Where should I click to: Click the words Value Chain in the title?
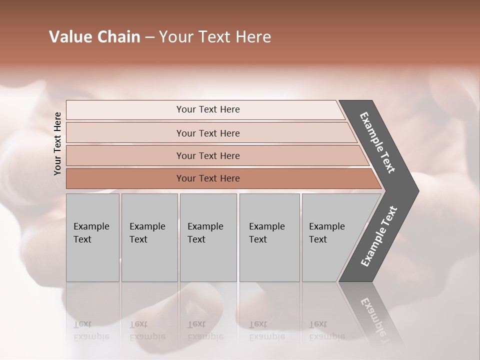pos(94,37)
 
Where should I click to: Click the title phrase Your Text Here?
pos(215,37)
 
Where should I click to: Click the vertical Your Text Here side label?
pos(57,143)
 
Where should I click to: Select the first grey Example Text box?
pos(92,237)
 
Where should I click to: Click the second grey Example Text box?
pos(149,237)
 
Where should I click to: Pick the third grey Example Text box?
pos(208,237)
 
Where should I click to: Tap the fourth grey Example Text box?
pos(269,237)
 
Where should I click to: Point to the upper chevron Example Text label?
pos(377,142)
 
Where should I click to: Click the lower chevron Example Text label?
pos(379,236)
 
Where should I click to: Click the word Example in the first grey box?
pos(91,226)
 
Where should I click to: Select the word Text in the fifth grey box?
pos(318,239)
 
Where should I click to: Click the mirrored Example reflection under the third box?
pos(205,336)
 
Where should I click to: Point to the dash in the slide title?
pos(149,37)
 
